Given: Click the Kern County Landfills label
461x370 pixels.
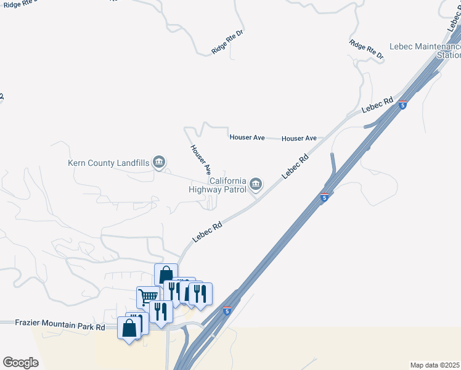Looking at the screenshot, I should click(x=108, y=163).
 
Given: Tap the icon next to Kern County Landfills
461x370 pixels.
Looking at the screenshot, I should click(x=160, y=163).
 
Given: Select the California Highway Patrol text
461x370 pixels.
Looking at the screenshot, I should click(x=219, y=185).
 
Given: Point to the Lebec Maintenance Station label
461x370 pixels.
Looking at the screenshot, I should click(x=425, y=51).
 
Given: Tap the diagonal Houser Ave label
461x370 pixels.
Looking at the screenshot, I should click(x=201, y=158).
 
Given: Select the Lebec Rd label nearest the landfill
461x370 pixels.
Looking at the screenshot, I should click(x=206, y=232).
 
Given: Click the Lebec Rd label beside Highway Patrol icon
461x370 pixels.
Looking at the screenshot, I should click(x=295, y=166).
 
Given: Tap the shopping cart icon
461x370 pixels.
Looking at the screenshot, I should click(x=148, y=297).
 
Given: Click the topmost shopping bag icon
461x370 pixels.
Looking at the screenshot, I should click(x=166, y=274).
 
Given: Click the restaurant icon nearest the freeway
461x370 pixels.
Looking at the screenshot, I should click(x=200, y=294).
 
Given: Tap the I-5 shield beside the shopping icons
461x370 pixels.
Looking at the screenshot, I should click(x=227, y=311).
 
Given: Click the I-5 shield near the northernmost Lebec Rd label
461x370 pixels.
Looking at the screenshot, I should click(x=402, y=105).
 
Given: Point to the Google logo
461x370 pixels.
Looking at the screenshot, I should click(x=20, y=363).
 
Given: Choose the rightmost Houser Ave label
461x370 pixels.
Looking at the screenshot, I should click(x=299, y=139).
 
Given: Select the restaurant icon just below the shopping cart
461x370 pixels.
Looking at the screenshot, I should click(x=161, y=311).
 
